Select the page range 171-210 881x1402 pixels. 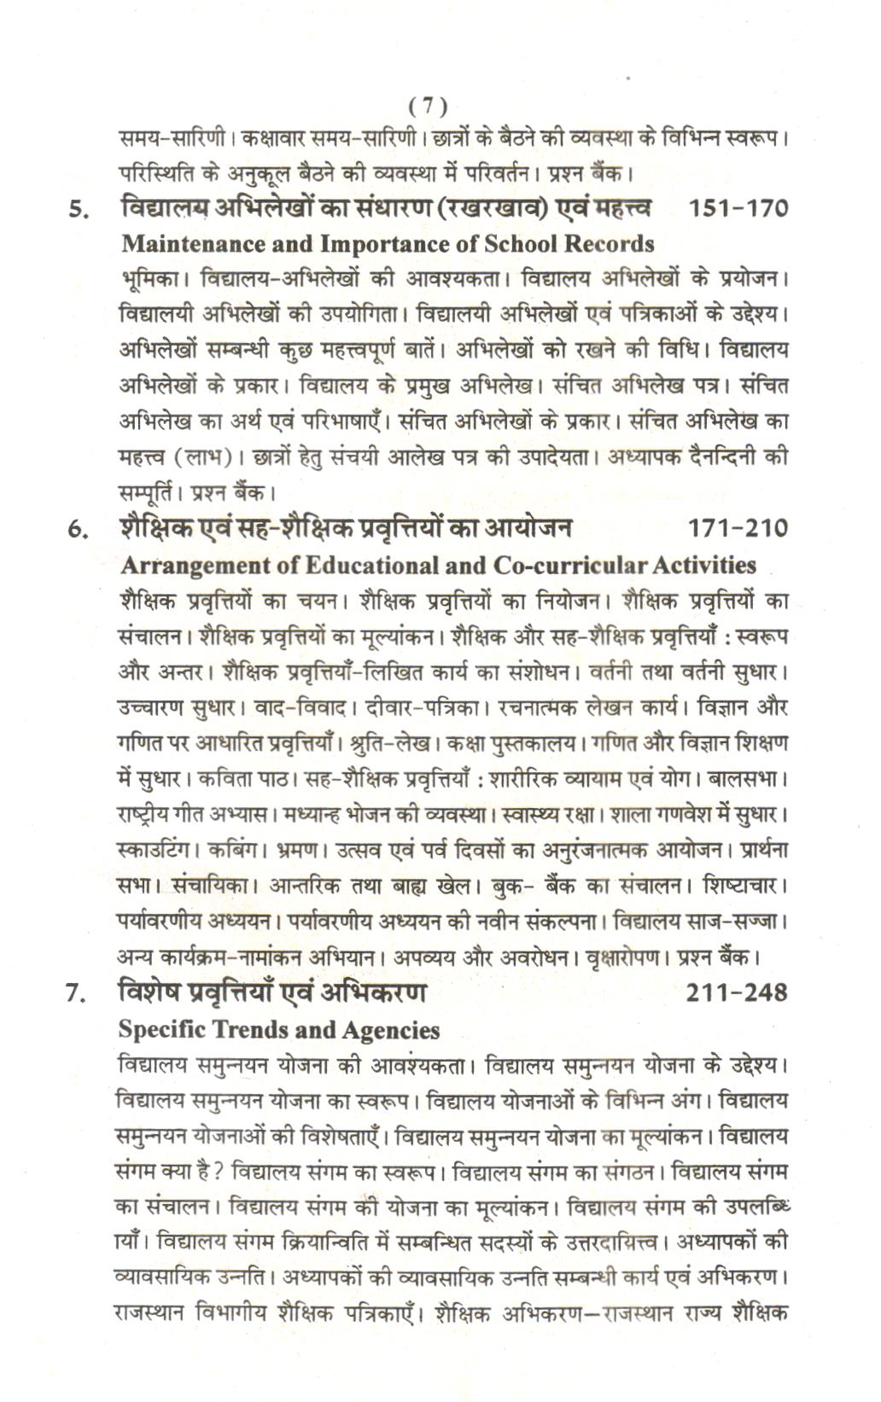738,530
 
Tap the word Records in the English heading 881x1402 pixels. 610,244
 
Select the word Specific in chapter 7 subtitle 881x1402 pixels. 162,1030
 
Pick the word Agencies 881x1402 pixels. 390,1031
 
